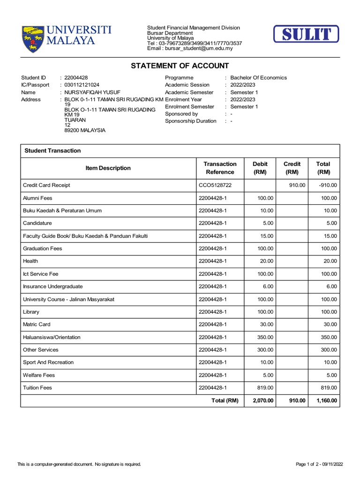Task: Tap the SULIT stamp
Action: click(x=306, y=34)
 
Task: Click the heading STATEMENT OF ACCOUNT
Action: click(x=180, y=66)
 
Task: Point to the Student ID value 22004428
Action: click(x=76, y=78)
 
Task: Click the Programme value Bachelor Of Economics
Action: click(x=258, y=78)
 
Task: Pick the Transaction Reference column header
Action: click(x=220, y=168)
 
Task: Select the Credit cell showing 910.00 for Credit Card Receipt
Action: click(x=297, y=185)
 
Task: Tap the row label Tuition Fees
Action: click(x=37, y=388)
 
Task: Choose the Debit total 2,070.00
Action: click(x=263, y=400)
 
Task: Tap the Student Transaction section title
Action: click(x=52, y=150)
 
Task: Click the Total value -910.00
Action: click(x=327, y=185)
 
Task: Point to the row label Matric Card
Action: click(x=37, y=324)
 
